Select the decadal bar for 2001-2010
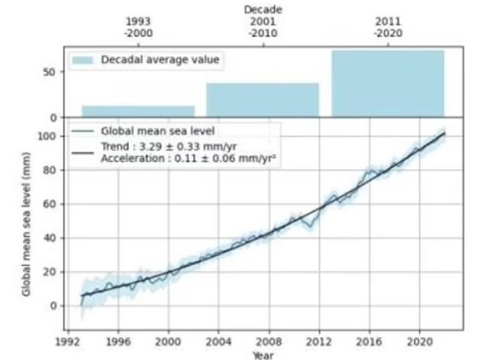point(262,100)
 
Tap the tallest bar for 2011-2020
point(387,84)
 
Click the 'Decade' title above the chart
point(262,10)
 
